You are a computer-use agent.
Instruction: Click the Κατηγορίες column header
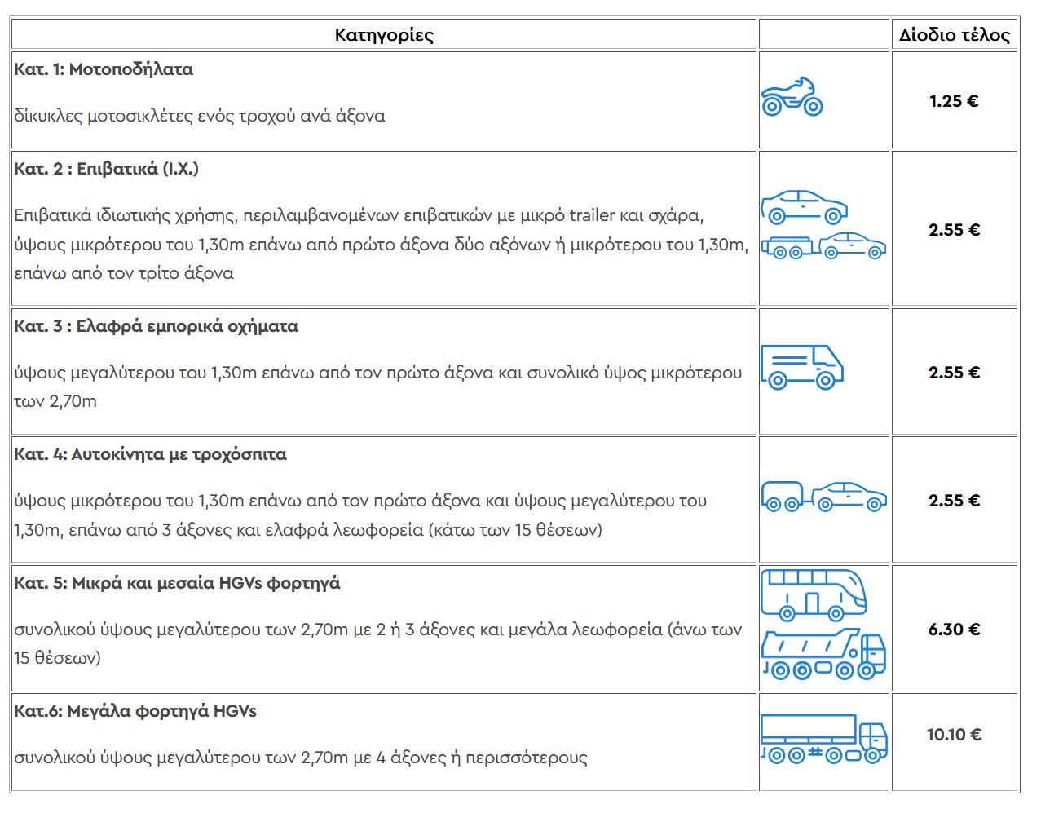(384, 35)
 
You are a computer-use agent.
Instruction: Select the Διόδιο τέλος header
(954, 35)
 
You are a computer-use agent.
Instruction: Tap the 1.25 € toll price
(953, 101)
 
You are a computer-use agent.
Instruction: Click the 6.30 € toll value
(954, 630)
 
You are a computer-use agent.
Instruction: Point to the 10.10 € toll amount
(954, 735)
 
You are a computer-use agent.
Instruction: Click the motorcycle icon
(792, 97)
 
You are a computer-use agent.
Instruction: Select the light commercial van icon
(801, 367)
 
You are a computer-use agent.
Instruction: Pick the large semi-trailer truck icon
(823, 739)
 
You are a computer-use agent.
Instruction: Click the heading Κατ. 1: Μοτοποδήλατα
(104, 69)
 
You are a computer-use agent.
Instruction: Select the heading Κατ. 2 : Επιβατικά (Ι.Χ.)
(106, 169)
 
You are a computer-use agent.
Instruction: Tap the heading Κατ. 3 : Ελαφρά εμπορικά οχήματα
(156, 326)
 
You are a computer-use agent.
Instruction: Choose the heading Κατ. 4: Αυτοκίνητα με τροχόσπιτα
(150, 454)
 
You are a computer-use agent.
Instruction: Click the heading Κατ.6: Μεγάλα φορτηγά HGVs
(135, 711)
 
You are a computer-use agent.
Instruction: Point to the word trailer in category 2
(592, 215)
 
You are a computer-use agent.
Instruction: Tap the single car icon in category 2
(804, 207)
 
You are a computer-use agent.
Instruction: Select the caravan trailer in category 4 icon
(783, 495)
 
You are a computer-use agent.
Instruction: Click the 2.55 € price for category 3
(954, 373)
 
